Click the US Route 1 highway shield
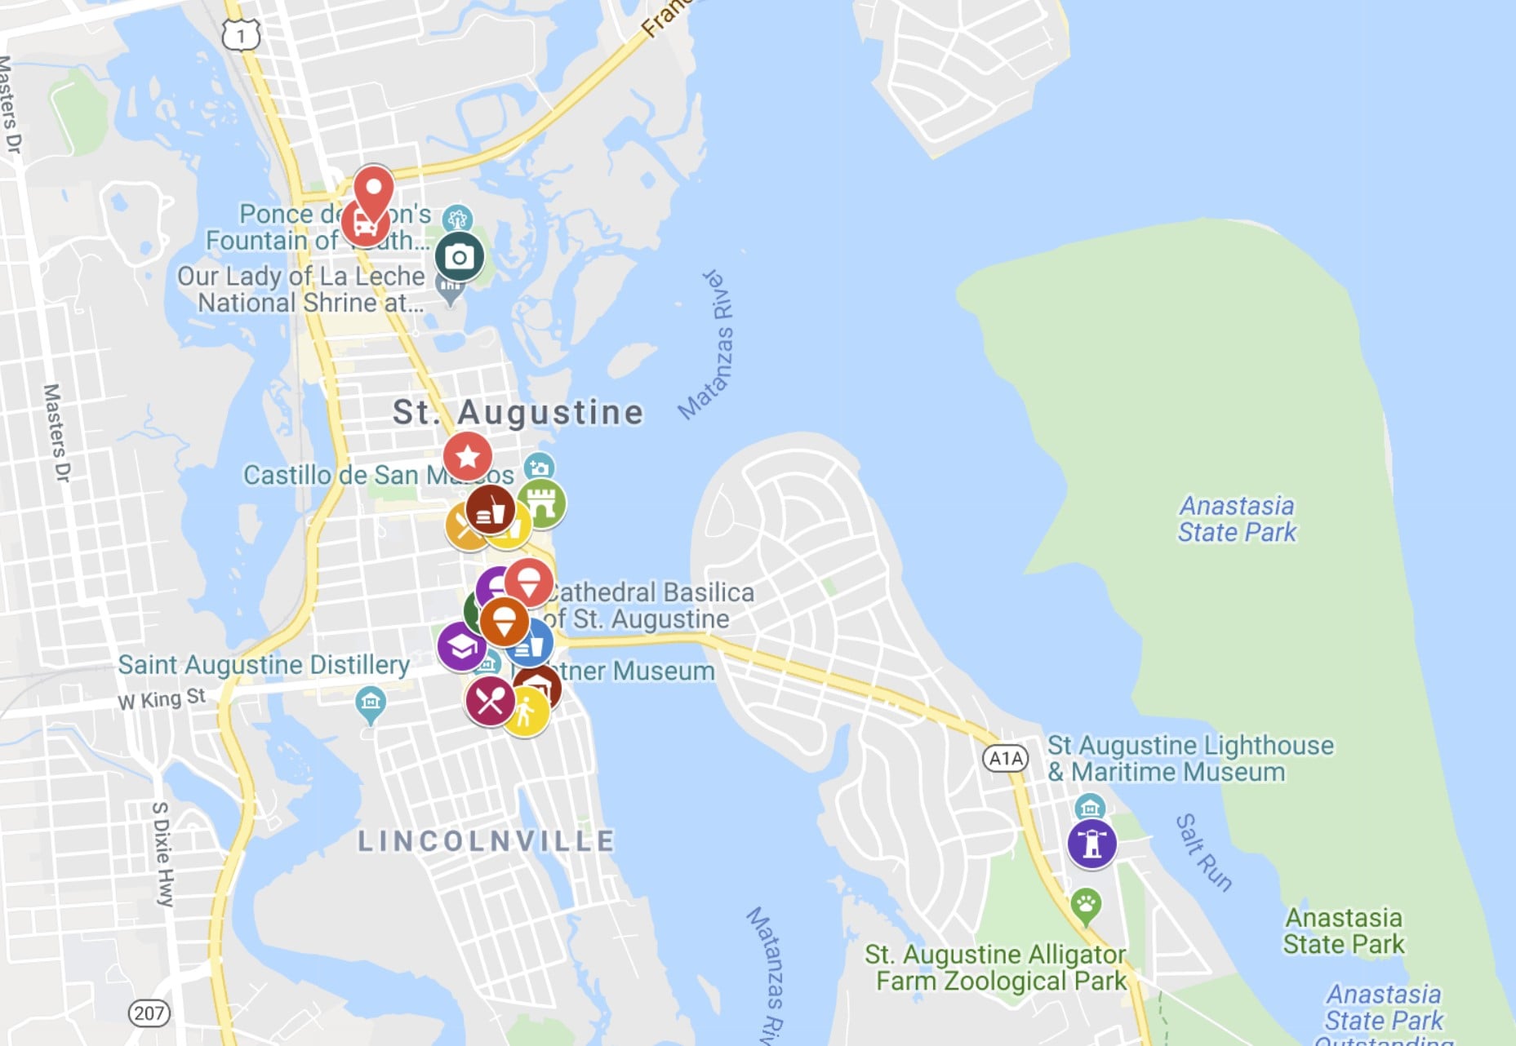point(241,35)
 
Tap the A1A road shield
point(1005,758)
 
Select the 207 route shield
point(149,1013)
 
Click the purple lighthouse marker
point(1091,843)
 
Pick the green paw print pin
point(1086,904)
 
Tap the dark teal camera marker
point(459,256)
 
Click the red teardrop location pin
point(374,192)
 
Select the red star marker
point(468,455)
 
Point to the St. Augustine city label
point(518,413)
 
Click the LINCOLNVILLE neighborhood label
point(487,841)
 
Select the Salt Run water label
point(1203,853)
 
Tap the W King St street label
point(162,699)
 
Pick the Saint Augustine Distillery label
point(264,665)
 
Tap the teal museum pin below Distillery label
point(371,703)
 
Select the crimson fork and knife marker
point(490,700)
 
